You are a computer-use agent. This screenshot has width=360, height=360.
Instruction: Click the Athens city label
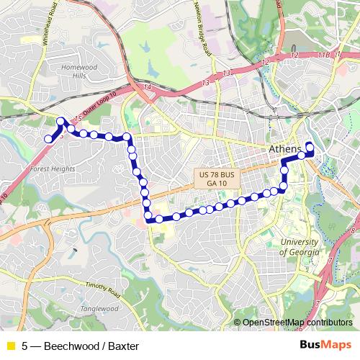(284, 149)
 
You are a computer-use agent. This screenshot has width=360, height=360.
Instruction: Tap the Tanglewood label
(99, 308)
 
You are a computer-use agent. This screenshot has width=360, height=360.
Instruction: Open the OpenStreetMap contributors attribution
(297, 323)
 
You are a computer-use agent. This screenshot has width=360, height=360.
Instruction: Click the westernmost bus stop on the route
(49, 139)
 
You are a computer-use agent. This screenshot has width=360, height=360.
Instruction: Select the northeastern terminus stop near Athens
(310, 147)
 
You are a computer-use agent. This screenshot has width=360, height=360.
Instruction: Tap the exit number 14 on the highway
(148, 87)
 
